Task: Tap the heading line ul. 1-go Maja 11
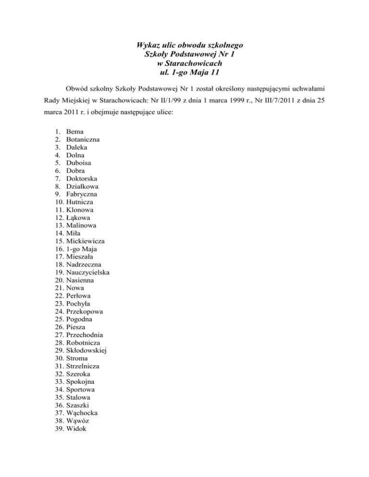point(184,73)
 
